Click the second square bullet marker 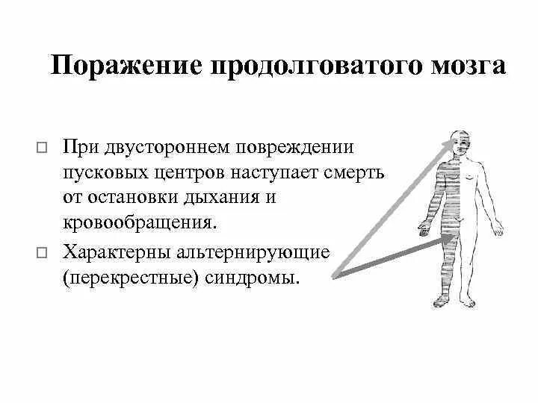click(x=41, y=254)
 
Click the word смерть click(x=355, y=173)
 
